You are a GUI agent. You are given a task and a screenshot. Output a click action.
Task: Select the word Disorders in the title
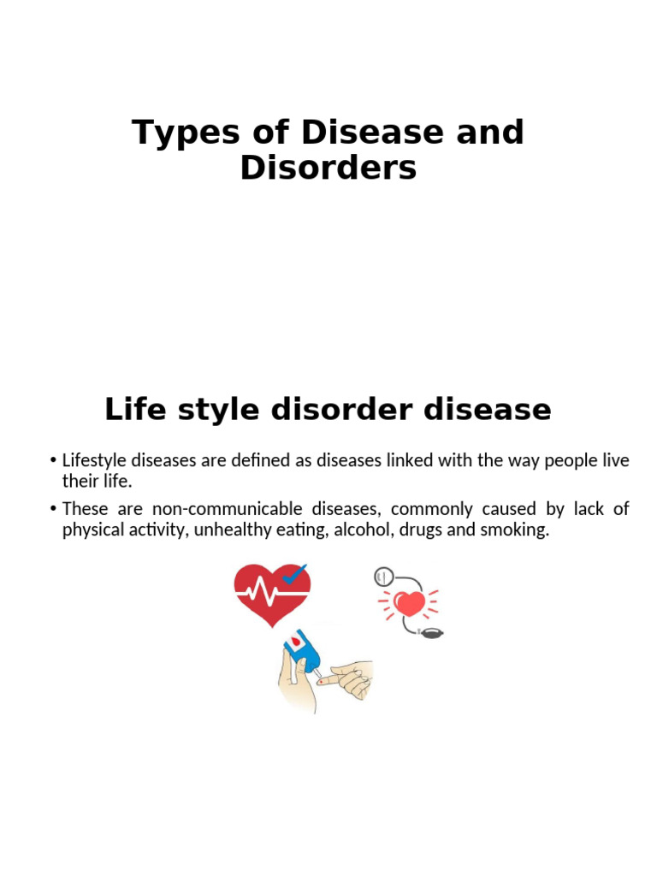click(x=328, y=169)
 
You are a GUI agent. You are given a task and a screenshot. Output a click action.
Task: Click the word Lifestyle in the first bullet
click(x=95, y=461)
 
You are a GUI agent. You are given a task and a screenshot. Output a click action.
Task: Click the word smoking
click(x=517, y=530)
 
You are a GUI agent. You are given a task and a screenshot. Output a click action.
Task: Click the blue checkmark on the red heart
click(x=295, y=575)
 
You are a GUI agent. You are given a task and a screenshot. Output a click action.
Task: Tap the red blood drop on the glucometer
click(x=296, y=639)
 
